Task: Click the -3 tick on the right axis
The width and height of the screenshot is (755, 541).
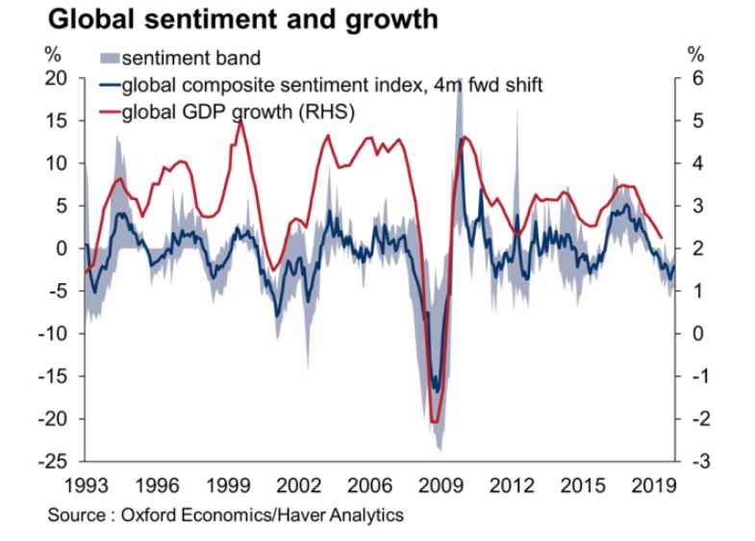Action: pos(701,461)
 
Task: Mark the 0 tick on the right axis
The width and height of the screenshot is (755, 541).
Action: pos(698,334)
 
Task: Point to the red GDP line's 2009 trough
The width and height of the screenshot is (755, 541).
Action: pos(434,421)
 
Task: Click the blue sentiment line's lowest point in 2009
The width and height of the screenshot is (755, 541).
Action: pos(437,390)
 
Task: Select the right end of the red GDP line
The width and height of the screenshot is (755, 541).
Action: pos(662,236)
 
